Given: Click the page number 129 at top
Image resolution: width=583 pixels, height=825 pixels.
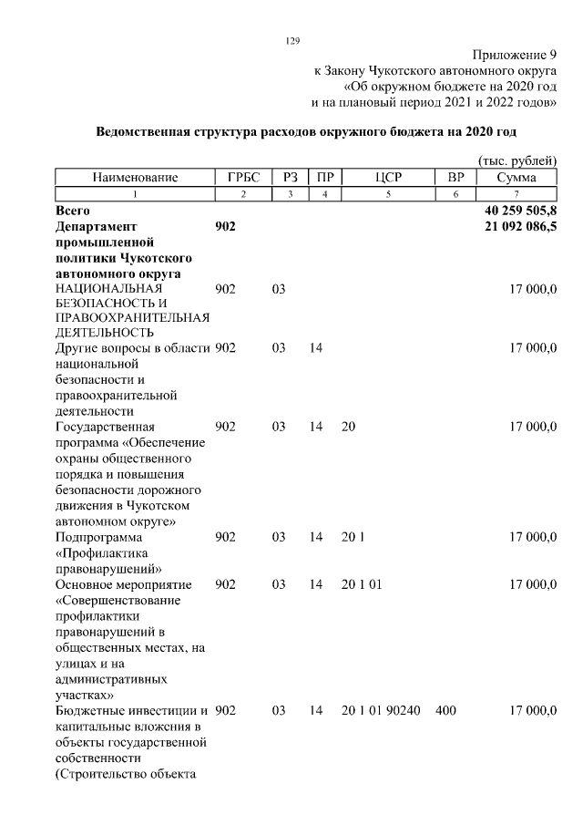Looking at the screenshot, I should point(291,40).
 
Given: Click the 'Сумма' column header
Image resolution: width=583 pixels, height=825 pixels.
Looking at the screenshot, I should point(517,178).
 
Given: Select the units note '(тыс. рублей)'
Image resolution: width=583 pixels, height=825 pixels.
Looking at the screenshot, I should point(517,160).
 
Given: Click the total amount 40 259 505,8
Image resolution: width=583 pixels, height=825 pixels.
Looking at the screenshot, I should point(520,210).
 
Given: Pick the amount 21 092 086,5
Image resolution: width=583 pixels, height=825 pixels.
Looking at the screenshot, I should point(520,226).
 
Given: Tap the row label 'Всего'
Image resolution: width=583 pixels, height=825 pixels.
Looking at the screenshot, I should point(73,210).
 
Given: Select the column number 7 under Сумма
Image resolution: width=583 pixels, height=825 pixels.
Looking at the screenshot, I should point(517,194).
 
